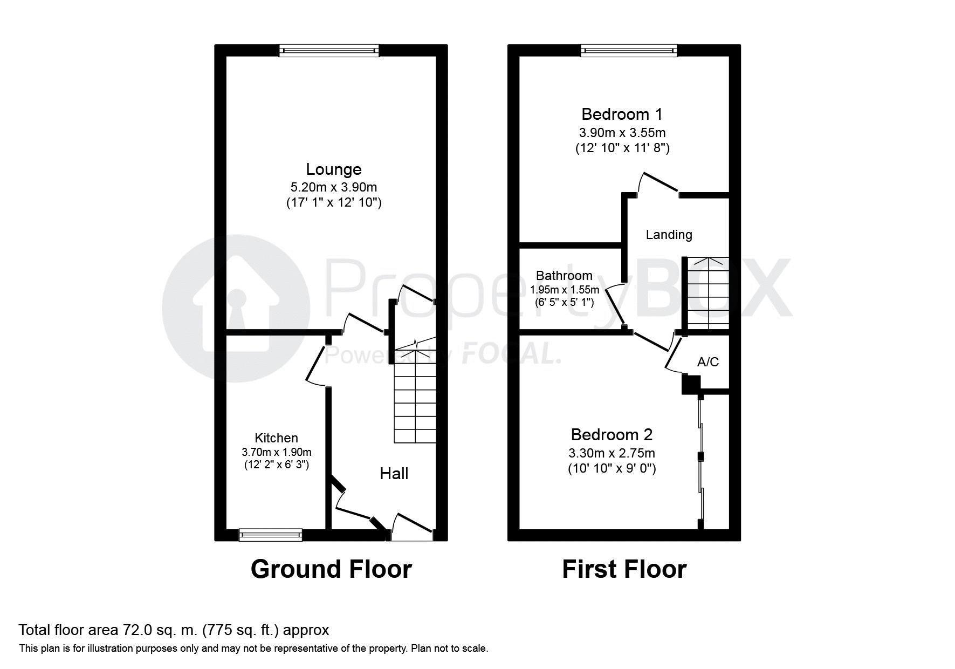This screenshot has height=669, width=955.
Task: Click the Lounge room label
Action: tap(334, 169)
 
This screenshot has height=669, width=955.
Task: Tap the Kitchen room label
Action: tap(276, 438)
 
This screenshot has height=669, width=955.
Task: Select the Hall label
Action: tap(394, 474)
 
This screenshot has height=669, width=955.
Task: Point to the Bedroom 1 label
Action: tap(622, 114)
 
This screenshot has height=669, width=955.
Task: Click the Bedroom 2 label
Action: tap(612, 434)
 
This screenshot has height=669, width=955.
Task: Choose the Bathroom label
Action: tap(564, 276)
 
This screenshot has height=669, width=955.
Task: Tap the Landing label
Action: tap(669, 235)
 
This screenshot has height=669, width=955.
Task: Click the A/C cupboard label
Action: tap(708, 362)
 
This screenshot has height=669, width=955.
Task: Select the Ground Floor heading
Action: tap(331, 569)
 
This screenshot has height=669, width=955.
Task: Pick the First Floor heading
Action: tap(624, 569)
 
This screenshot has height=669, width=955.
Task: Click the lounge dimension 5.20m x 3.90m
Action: tap(334, 188)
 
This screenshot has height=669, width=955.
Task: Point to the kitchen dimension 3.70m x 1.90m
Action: tap(277, 452)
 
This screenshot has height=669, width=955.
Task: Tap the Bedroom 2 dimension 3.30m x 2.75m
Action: tap(612, 453)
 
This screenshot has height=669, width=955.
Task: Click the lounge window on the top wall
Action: tap(329, 51)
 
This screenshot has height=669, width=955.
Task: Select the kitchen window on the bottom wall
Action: tap(271, 535)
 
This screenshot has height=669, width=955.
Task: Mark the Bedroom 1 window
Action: tap(629, 51)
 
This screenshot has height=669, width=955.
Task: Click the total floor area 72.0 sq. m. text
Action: tap(174, 630)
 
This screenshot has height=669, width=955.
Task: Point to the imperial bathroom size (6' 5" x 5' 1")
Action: tap(564, 303)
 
